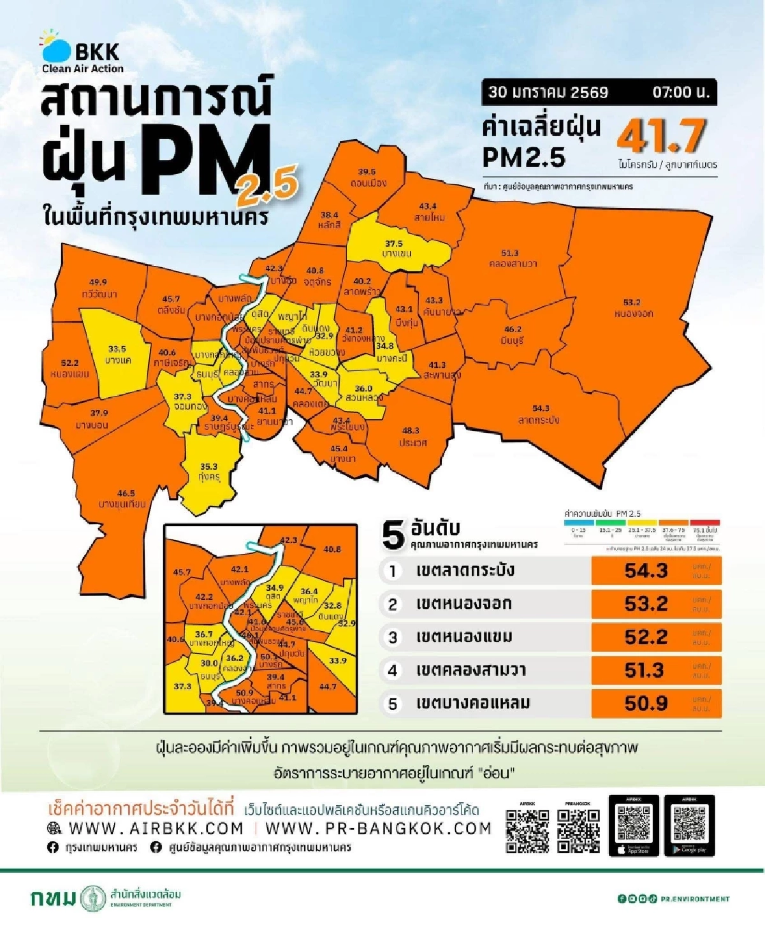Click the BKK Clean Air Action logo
point(82,52)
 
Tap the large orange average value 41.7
point(661,136)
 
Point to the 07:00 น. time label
point(680,92)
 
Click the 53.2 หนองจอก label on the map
point(632,308)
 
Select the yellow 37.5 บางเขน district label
point(396,249)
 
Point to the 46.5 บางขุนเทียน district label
point(123,499)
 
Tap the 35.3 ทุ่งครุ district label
point(208,472)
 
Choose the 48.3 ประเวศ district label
point(412,437)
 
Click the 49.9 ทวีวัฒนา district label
point(99,288)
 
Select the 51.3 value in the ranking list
point(645,670)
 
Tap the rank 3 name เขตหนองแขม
point(464,637)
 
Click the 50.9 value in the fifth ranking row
point(645,703)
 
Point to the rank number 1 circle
point(393,571)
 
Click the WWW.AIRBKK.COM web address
point(156,828)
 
